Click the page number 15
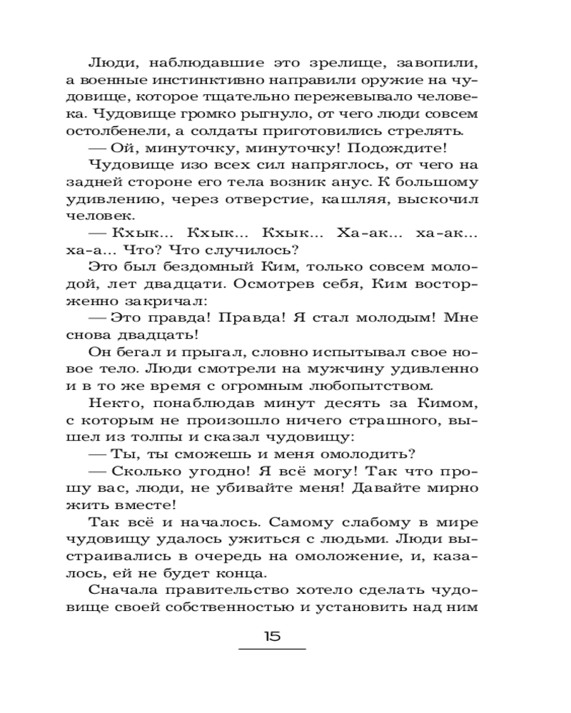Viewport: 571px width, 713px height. tap(271, 636)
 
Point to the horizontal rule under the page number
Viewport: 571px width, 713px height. tap(271, 649)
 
